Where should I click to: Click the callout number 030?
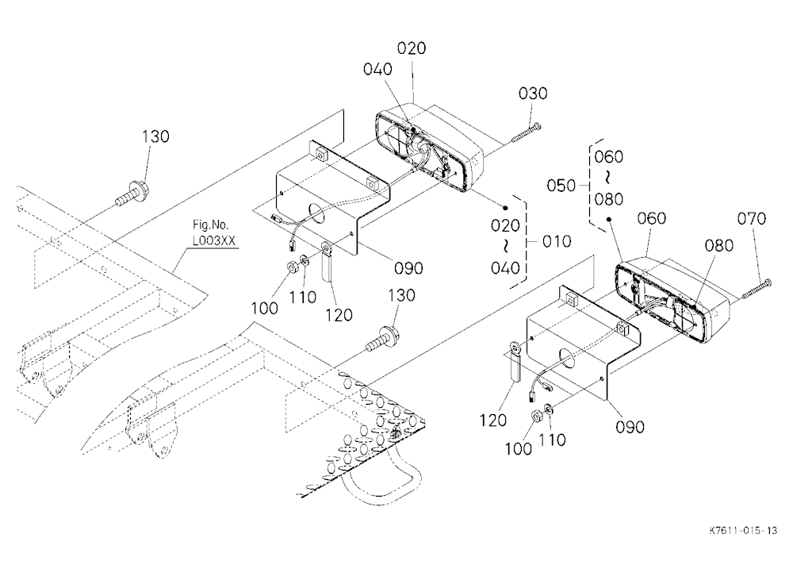click(533, 94)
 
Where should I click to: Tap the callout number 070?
click(752, 219)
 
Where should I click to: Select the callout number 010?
click(557, 241)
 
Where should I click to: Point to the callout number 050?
click(561, 186)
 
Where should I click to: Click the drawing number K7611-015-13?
click(743, 531)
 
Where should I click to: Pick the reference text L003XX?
click(214, 240)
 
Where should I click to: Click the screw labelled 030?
click(527, 132)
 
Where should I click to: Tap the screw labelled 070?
click(757, 289)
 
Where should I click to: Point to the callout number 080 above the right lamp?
click(718, 245)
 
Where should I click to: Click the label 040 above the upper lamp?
click(377, 69)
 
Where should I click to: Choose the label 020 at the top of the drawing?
click(411, 48)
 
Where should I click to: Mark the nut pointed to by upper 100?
click(291, 266)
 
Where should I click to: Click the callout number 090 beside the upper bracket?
click(408, 268)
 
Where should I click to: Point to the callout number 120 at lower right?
click(492, 420)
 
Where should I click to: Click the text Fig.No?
click(210, 225)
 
